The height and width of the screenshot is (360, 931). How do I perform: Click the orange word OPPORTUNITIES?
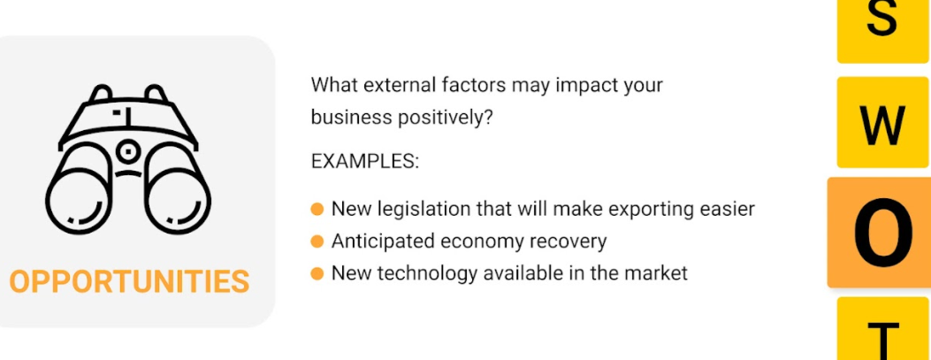click(x=129, y=281)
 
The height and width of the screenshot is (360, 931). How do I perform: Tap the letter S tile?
click(x=882, y=30)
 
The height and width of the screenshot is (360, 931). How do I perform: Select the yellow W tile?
click(x=882, y=122)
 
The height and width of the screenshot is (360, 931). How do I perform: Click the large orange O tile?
click(x=880, y=233)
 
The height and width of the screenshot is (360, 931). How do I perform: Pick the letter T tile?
click(x=882, y=329)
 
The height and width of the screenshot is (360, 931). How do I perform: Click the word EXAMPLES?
click(x=364, y=162)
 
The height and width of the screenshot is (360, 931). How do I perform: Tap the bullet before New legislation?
click(x=317, y=209)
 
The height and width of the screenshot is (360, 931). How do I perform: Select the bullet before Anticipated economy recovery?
click(x=317, y=241)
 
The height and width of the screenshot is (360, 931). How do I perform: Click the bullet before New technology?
click(x=317, y=273)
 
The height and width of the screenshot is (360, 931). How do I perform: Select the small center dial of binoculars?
click(x=128, y=151)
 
